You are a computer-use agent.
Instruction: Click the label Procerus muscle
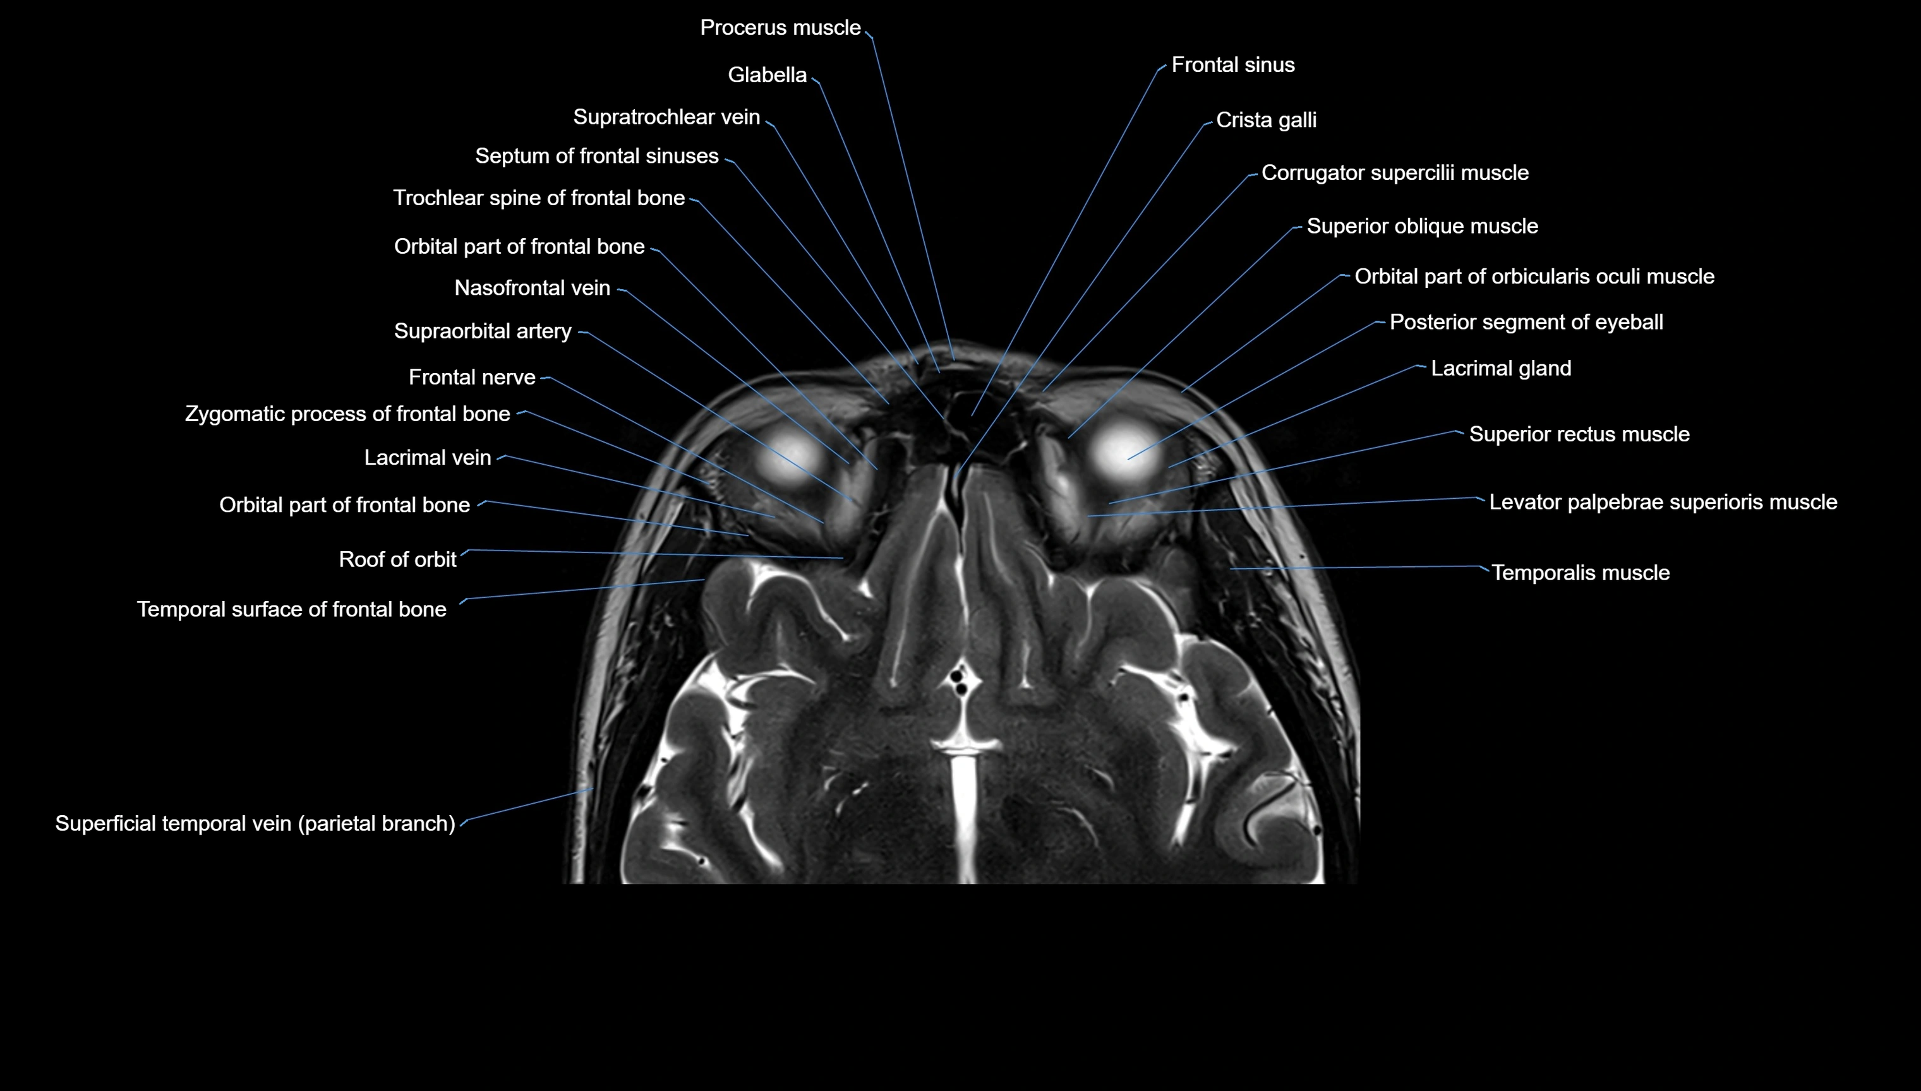click(780, 28)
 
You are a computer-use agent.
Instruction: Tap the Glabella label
click(767, 75)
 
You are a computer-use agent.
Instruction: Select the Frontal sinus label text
click(1233, 65)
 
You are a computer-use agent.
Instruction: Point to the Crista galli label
click(1266, 120)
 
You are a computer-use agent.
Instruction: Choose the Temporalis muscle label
click(1580, 573)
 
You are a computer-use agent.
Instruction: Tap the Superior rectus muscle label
click(1579, 434)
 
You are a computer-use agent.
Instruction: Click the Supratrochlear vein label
click(666, 117)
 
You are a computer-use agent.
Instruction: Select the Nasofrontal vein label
click(532, 289)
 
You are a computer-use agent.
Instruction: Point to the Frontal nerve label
click(472, 377)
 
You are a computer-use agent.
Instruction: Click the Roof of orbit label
click(397, 560)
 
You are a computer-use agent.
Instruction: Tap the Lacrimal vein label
click(427, 458)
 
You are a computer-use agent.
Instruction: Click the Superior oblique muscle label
click(1422, 226)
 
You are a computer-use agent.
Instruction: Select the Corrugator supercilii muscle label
click(1395, 173)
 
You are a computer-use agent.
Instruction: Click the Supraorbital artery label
click(483, 331)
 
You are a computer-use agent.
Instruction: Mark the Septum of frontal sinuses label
click(596, 156)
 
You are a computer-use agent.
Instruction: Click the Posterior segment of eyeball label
click(1526, 322)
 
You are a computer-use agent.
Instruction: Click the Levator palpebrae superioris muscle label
click(1663, 502)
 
